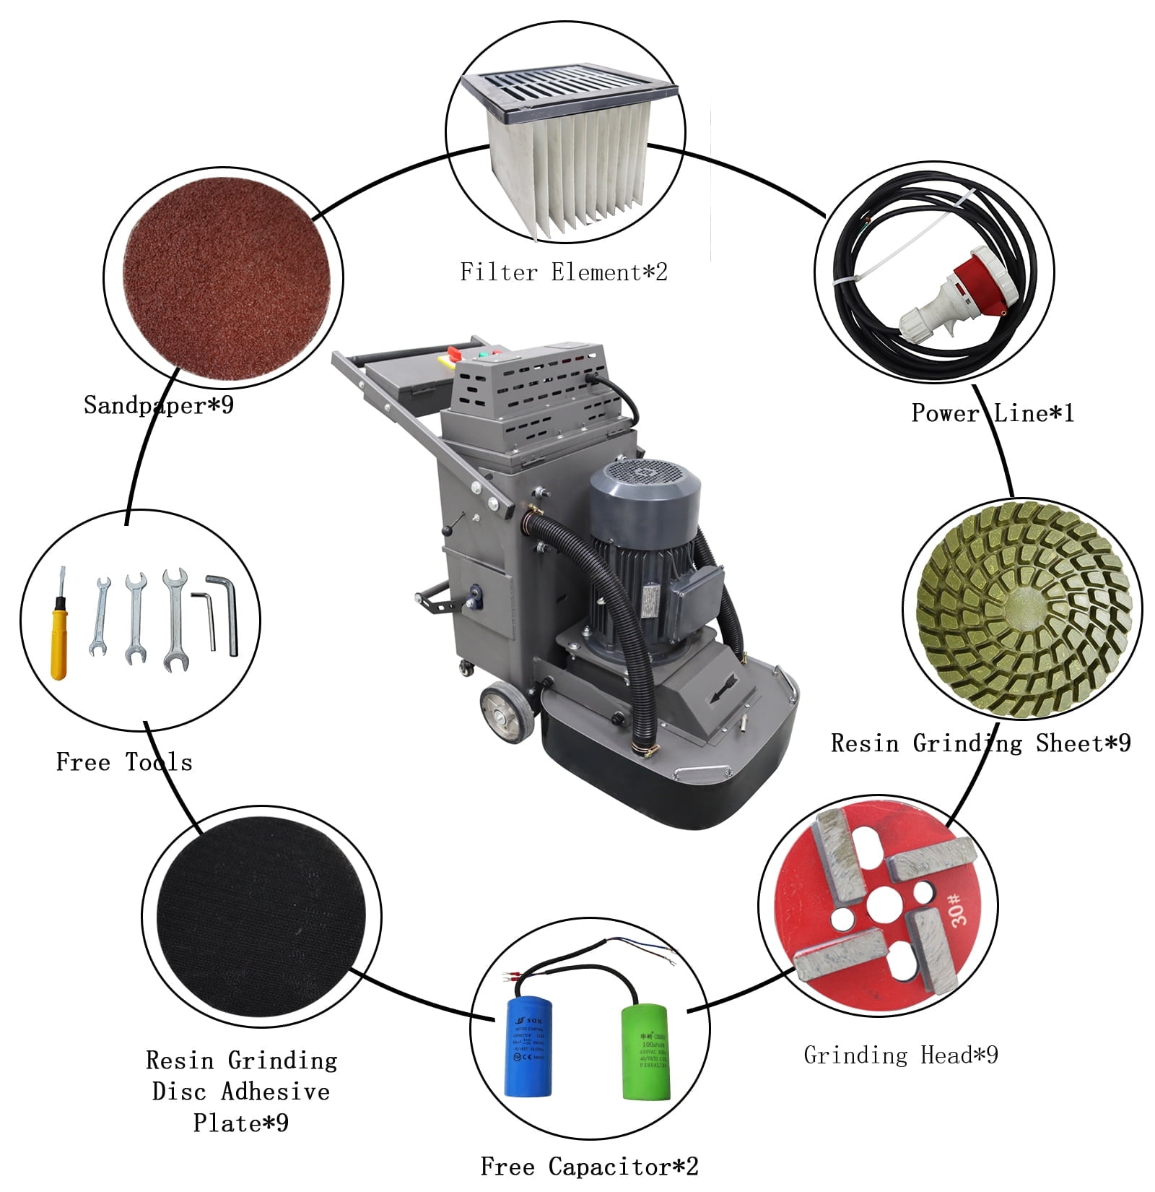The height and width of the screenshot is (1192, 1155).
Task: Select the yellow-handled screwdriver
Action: (x=58, y=636)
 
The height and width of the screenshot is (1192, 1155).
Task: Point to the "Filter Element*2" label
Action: (x=564, y=272)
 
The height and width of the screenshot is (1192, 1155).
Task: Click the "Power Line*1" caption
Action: (x=993, y=413)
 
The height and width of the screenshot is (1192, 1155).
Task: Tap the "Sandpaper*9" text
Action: (x=159, y=405)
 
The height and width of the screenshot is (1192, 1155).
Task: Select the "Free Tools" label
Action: (x=124, y=761)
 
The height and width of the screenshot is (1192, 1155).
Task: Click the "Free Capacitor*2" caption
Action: (x=589, y=1166)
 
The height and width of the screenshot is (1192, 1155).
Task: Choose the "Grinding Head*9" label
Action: (x=901, y=1055)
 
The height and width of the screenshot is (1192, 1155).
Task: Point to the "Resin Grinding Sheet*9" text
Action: (x=980, y=743)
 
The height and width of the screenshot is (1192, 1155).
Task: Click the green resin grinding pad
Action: (x=1021, y=610)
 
